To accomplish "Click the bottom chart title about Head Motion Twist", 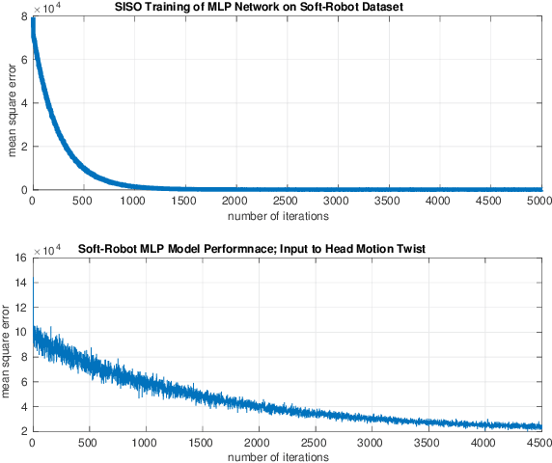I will tap(287, 250).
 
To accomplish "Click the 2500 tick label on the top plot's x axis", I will tap(287, 201).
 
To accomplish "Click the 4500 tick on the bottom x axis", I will tap(538, 443).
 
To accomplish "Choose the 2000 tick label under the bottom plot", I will tap(258, 443).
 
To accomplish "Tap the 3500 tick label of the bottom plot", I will tap(427, 443).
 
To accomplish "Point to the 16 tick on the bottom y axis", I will tap(21, 259).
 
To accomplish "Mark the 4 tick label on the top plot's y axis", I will tap(24, 103).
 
